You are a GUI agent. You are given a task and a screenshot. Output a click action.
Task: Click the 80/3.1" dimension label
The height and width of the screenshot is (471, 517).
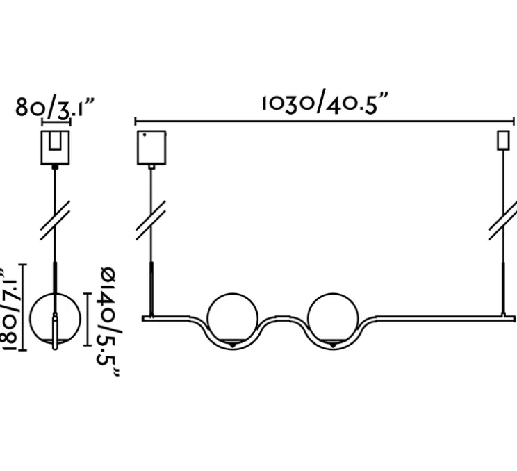(x=55, y=108)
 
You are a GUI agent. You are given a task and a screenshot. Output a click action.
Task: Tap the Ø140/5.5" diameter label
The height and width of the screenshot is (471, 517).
(x=106, y=321)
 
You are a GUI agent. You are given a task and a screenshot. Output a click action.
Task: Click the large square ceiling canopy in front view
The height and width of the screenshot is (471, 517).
(x=151, y=147)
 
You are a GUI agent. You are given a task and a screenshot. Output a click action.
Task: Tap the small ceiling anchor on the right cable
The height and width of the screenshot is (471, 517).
(x=502, y=141)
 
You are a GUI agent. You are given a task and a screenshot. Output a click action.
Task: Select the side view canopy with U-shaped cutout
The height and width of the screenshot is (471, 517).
(x=55, y=147)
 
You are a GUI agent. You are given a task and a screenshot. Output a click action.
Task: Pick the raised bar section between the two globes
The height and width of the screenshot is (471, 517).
(x=282, y=320)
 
